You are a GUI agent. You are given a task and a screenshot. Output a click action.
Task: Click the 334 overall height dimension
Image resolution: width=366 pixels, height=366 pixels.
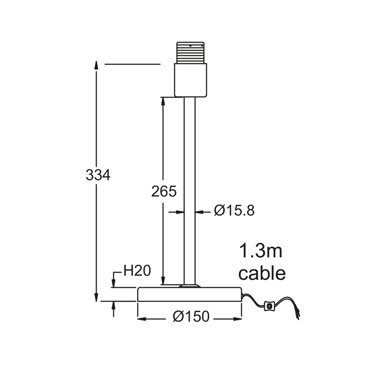tap(98, 175)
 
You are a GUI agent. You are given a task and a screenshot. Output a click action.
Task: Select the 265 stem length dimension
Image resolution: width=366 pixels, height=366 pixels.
tap(164, 191)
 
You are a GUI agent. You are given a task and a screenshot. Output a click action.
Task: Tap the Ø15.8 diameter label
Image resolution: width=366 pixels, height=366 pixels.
tap(234, 211)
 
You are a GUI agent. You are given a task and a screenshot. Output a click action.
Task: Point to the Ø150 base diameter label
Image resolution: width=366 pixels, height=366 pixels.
tap(191, 317)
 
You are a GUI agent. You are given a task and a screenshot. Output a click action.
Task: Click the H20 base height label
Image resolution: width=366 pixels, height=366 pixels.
tap(137, 271)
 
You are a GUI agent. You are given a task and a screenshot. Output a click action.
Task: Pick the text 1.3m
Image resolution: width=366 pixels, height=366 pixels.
tap(261, 251)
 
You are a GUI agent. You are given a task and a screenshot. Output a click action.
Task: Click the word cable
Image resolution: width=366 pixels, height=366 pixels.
tap(262, 273)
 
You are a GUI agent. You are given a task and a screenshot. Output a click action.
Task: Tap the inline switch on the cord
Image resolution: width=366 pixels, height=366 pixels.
tap(269, 306)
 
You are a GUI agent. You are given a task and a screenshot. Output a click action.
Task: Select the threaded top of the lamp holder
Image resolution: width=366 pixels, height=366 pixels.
tap(190, 53)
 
